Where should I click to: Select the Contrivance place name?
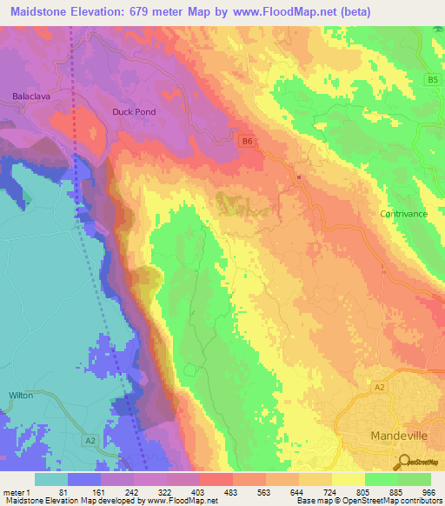[x=403, y=213]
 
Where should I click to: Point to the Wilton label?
[x=21, y=395]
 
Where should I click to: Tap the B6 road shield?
[x=248, y=141]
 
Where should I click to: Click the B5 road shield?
[x=432, y=80]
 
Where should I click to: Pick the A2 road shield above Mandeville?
[x=379, y=386]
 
